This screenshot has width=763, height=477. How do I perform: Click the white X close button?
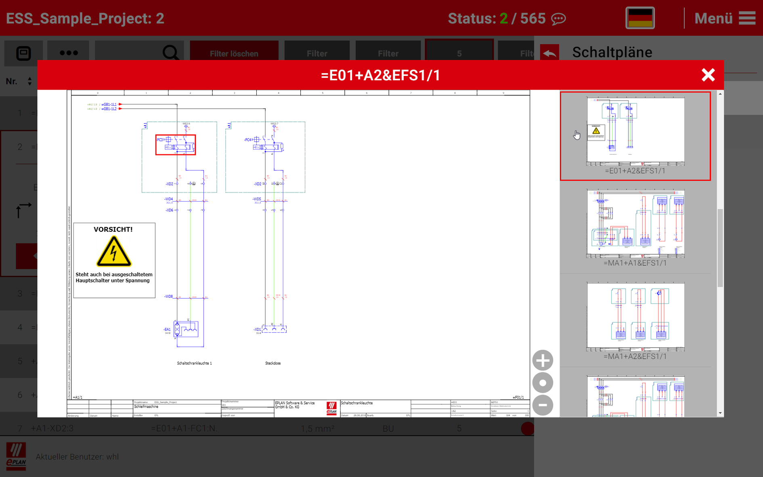pyautogui.click(x=708, y=75)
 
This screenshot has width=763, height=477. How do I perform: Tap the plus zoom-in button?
pyautogui.click(x=543, y=360)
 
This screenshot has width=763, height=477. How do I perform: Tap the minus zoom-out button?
pyautogui.click(x=543, y=405)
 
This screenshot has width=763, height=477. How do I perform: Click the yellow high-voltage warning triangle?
pyautogui.click(x=113, y=252)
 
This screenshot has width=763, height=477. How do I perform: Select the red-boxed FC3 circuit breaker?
pyautogui.click(x=176, y=145)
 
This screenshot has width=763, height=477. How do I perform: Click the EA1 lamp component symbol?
pyautogui.click(x=186, y=330)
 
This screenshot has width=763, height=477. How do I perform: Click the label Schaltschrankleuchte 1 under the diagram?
pyautogui.click(x=194, y=363)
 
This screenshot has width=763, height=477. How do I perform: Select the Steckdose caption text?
pyautogui.click(x=273, y=363)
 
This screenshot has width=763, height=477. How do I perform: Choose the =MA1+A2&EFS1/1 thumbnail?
pyautogui.click(x=635, y=317)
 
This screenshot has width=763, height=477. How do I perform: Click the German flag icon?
pyautogui.click(x=640, y=18)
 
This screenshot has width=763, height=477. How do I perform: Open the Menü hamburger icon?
pyautogui.click(x=747, y=18)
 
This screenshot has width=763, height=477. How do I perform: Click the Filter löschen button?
pyautogui.click(x=234, y=53)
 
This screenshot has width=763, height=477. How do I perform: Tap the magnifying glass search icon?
pyautogui.click(x=170, y=53)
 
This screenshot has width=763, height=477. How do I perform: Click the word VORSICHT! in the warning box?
pyautogui.click(x=113, y=229)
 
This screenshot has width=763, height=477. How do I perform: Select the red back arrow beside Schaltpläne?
pyautogui.click(x=549, y=53)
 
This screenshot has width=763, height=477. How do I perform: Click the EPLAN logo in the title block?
pyautogui.click(x=331, y=408)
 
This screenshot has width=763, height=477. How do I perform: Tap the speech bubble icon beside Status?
pyautogui.click(x=559, y=19)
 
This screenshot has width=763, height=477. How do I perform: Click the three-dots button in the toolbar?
pyautogui.click(x=68, y=53)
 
